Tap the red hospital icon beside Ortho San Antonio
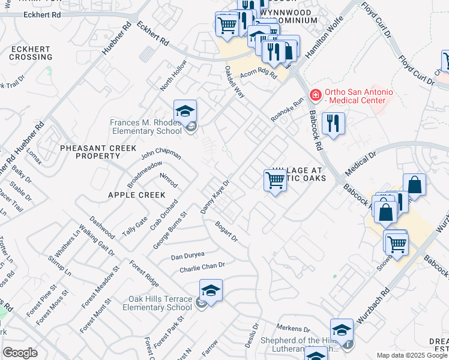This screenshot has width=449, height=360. (x=315, y=95)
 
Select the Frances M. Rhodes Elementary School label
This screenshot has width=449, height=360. (x=145, y=127)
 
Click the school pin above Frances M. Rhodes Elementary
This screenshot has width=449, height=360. (x=185, y=111)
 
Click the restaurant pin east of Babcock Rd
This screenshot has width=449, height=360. (x=333, y=124)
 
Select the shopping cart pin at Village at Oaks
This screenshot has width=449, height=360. (x=275, y=179)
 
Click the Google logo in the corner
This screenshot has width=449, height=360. (x=20, y=353)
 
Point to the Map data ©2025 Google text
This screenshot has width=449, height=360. (x=412, y=355)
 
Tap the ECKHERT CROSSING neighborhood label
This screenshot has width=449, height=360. (x=31, y=53)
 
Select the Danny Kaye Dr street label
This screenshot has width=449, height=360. (x=215, y=197)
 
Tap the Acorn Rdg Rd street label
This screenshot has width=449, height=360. (x=258, y=75)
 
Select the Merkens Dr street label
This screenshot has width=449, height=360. (x=293, y=329)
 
